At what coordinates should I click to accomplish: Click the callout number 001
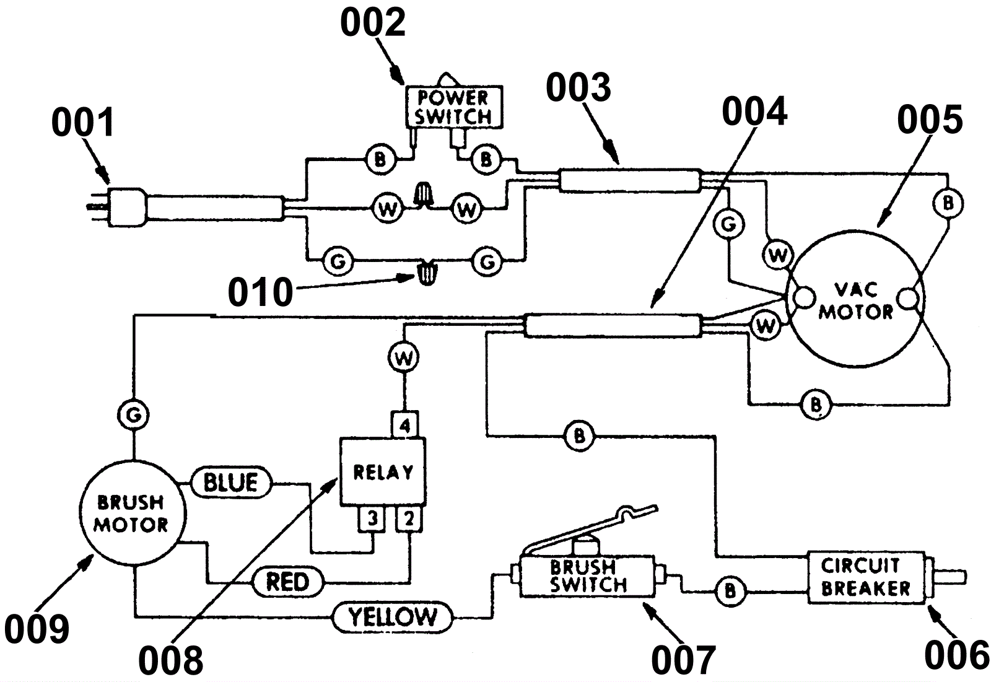tap(83, 123)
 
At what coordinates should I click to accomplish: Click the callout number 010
tap(260, 292)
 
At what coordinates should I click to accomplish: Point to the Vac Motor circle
tap(855, 299)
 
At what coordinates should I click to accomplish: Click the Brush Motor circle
tap(133, 514)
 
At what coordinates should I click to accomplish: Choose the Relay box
tap(383, 472)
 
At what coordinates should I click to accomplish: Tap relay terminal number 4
tap(404, 425)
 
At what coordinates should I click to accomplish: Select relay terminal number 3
tap(372, 518)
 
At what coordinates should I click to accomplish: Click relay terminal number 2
tap(408, 518)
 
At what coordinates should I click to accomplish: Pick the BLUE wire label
tap(231, 483)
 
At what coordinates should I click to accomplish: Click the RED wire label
tap(288, 581)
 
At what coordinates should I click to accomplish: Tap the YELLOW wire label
tap(393, 617)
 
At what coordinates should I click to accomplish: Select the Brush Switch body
tap(588, 576)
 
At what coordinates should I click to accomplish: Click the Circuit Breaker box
tap(865, 577)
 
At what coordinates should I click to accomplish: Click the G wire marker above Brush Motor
tap(133, 415)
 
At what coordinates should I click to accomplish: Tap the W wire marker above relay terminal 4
tap(404, 357)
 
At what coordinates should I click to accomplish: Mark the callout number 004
tap(754, 112)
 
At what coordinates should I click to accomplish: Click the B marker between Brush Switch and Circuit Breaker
tap(730, 590)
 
